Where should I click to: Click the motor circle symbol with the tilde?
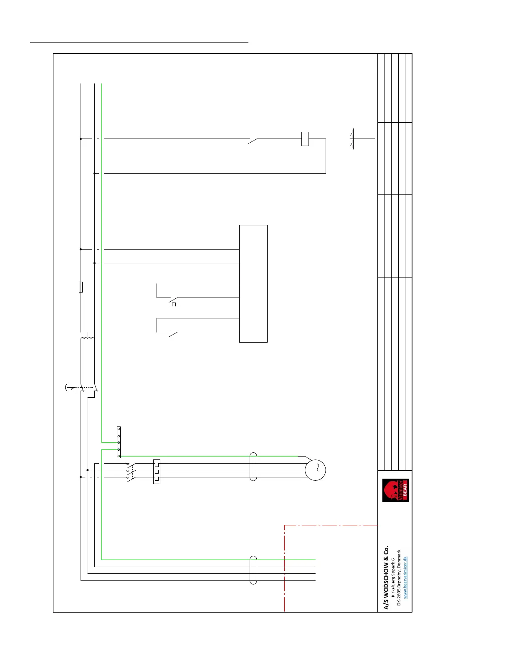[x=315, y=470]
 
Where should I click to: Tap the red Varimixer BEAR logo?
[x=395, y=490]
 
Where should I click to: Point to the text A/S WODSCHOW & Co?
[x=386, y=578]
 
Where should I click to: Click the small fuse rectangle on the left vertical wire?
[x=81, y=287]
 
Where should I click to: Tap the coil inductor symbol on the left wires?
[x=88, y=338]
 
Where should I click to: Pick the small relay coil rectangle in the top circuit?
[x=305, y=139]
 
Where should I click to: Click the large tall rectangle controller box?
[x=253, y=284]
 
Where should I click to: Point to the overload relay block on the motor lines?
[x=157, y=472]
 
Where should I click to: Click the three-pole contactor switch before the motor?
[x=130, y=471]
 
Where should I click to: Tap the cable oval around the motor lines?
[x=253, y=467]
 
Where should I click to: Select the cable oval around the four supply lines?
[x=253, y=570]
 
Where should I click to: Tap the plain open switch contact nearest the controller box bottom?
[x=173, y=334]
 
